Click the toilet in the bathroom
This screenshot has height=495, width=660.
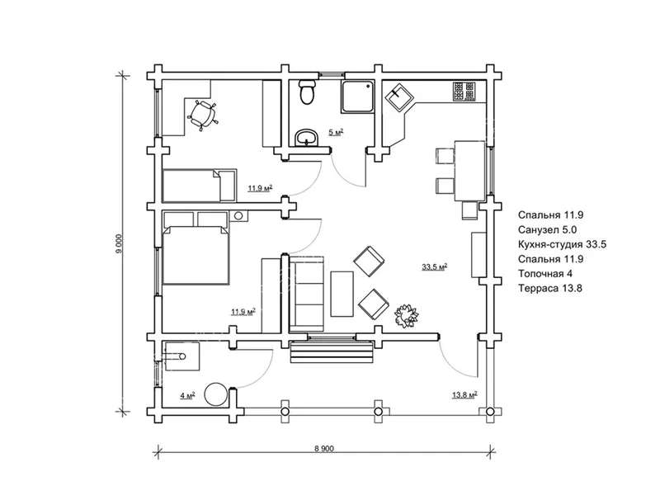pos(306,92)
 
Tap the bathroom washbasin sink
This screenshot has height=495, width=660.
pos(307,137)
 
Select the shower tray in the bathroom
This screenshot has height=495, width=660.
pos(358,97)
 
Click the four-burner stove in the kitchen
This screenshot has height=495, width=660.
pos(464,92)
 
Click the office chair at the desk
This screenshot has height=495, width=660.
pos(203,115)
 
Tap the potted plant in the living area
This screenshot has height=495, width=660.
pos(406,316)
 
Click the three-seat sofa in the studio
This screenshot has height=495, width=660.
pos(307,293)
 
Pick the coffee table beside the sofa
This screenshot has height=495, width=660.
pos(342,294)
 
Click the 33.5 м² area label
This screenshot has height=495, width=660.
pos(435,266)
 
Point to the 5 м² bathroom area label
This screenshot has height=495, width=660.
pos(336,133)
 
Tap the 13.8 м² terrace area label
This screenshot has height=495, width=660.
pos(464,395)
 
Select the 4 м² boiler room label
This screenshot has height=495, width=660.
pos(187,396)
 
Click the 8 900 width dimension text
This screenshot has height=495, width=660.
pos(323,449)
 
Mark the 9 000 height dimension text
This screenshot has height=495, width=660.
pos(119,243)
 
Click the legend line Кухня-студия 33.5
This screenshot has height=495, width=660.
pos(562,244)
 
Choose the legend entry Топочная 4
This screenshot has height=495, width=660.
pos(545,274)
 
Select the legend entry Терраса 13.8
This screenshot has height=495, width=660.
pos(550,288)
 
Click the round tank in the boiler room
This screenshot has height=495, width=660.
pos(216,394)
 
